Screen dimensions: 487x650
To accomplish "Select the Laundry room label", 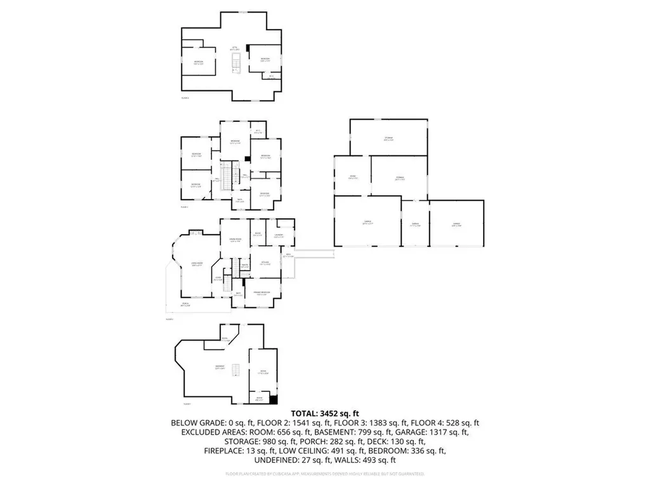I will coord(278,235).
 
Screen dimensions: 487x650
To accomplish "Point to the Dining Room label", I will coord(234,239).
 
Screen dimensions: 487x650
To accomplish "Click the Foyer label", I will coord(218,277).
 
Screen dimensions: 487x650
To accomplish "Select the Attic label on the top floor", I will coord(234,47).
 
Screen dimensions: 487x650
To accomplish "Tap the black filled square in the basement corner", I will coord(274,399).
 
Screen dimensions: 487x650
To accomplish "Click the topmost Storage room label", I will coord(388,138).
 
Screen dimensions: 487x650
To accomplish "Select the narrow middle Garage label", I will coord(415,224).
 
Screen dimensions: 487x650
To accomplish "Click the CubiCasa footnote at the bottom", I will coord(324,474).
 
